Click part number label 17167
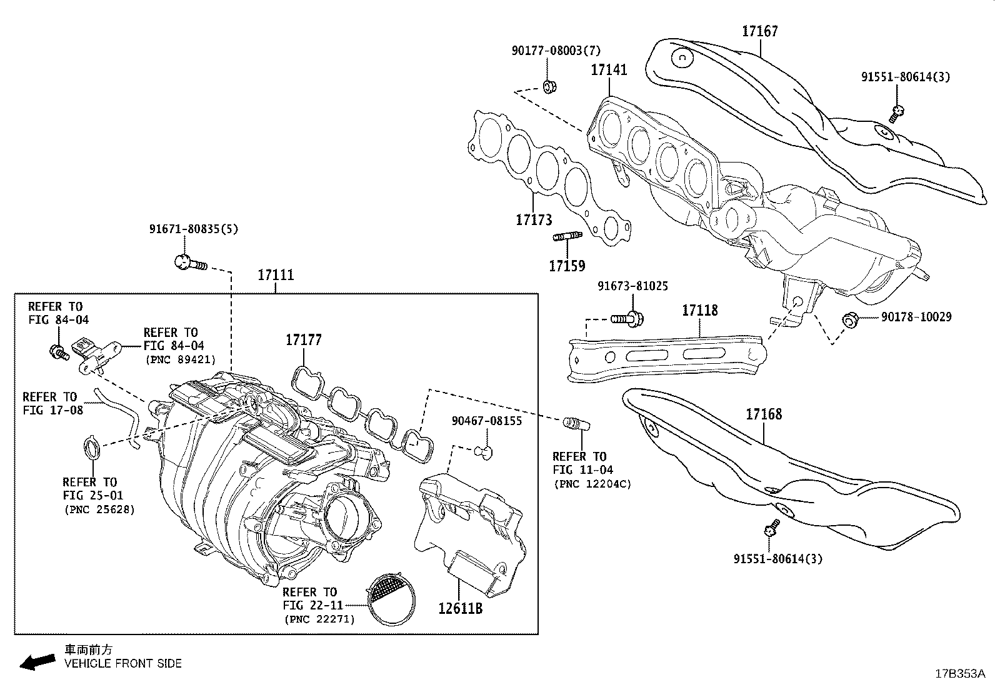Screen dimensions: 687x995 click(760, 31)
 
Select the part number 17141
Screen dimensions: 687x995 click(609, 70)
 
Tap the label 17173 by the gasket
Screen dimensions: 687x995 click(534, 220)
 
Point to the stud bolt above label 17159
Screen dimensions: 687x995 click(567, 236)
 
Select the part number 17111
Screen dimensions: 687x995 click(276, 275)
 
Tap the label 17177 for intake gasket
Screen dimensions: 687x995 click(304, 340)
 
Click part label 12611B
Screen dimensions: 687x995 click(460, 607)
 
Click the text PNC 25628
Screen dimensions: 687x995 click(99, 509)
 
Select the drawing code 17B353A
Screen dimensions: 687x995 click(959, 674)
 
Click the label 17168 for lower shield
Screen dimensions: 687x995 click(763, 414)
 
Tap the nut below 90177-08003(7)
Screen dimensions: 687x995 click(549, 86)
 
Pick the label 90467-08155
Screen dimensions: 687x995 click(486, 421)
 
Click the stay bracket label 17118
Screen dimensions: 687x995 click(699, 311)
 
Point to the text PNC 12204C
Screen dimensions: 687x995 click(592, 484)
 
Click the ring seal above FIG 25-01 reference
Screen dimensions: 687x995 click(92, 448)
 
